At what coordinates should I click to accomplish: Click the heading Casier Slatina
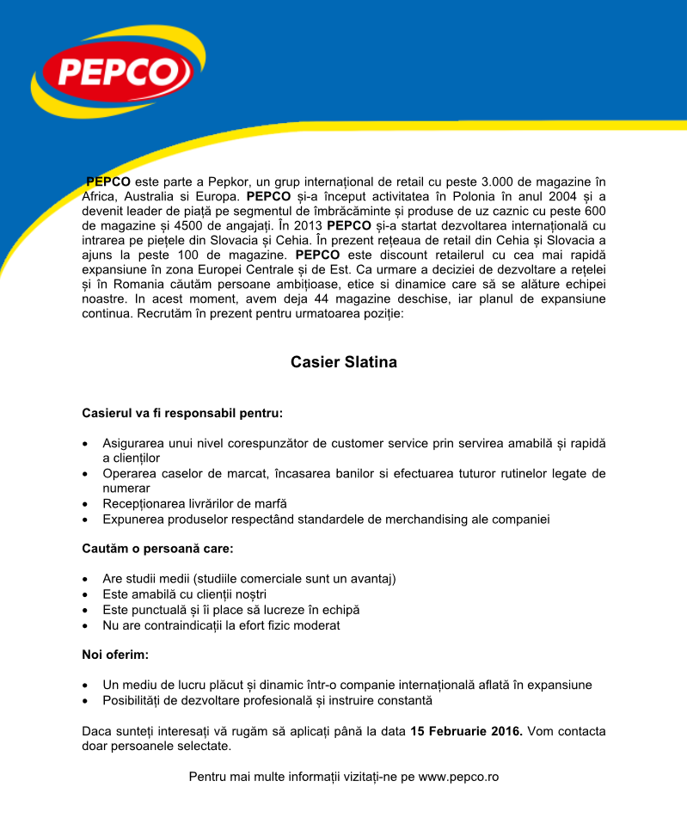pyautogui.click(x=344, y=362)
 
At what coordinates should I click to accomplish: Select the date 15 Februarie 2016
pyautogui.click(x=466, y=731)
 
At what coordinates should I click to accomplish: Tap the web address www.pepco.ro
pyautogui.click(x=458, y=776)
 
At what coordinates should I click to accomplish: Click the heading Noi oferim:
pyautogui.click(x=115, y=655)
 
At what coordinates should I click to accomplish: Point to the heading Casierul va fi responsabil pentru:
pyautogui.click(x=182, y=413)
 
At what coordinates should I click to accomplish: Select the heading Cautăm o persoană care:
pyautogui.click(x=157, y=547)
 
